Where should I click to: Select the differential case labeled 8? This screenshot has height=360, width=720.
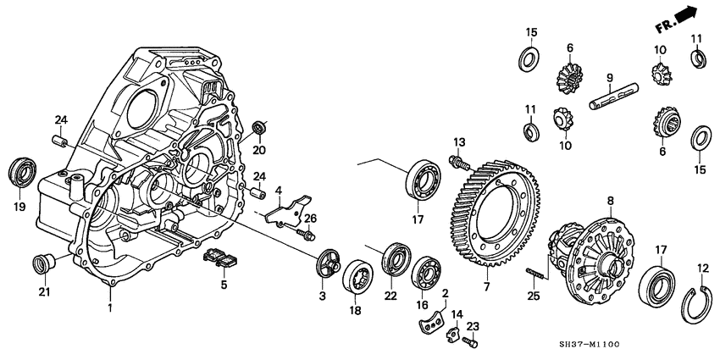point(593,258)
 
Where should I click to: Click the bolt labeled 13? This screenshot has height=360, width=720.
point(458,159)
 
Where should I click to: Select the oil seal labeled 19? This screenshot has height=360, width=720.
point(23,171)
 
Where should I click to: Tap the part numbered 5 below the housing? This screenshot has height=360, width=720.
point(220,258)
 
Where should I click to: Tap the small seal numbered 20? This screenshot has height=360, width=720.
point(261,128)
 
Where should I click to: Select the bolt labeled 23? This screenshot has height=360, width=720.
point(472,343)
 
